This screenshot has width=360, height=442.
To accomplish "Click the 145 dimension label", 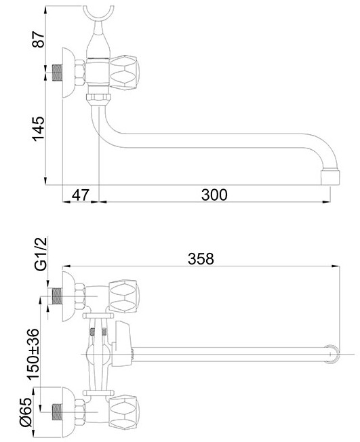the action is [39, 129].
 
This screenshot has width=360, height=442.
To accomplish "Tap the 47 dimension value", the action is [81, 195].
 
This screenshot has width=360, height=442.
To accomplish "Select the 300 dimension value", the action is [214, 195].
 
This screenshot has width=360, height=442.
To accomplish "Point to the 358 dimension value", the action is [201, 258].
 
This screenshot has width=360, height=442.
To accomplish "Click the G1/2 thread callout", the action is [41, 254].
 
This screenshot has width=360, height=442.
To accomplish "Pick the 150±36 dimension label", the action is [33, 353].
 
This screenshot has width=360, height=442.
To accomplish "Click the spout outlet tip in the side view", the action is [330, 177].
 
